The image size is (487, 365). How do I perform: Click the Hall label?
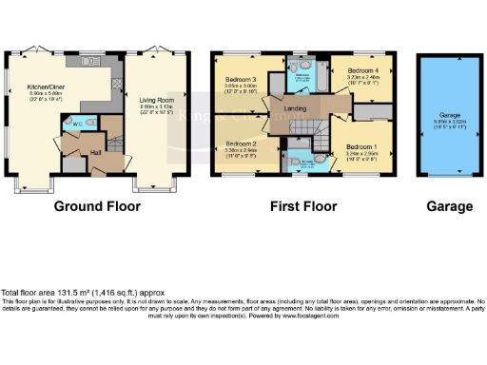(x=96, y=150)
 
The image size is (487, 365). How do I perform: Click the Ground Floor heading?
(x=97, y=206)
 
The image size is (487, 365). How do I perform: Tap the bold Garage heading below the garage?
(x=449, y=206)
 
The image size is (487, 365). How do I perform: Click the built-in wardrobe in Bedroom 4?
(x=368, y=110)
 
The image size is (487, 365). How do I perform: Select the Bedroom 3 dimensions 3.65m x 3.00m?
(x=241, y=86)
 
